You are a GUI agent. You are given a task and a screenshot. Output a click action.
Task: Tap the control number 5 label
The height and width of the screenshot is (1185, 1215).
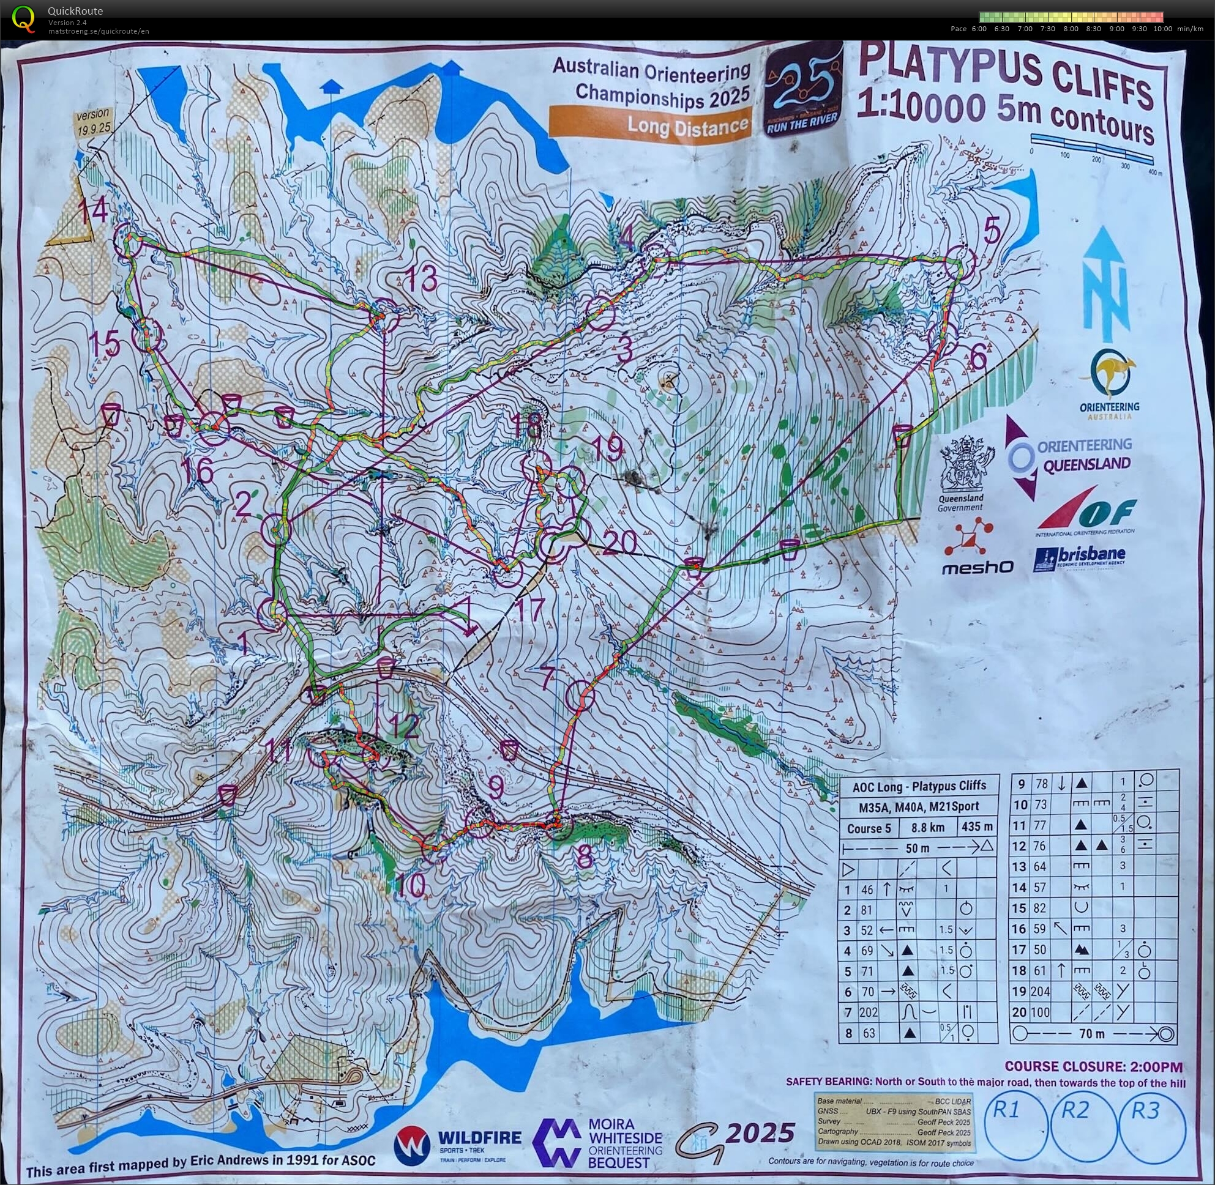pos(992,232)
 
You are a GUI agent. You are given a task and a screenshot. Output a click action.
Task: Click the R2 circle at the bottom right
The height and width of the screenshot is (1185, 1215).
pos(1082,1126)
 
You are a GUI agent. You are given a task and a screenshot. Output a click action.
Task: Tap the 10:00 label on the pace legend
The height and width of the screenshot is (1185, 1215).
pos(1162,29)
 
